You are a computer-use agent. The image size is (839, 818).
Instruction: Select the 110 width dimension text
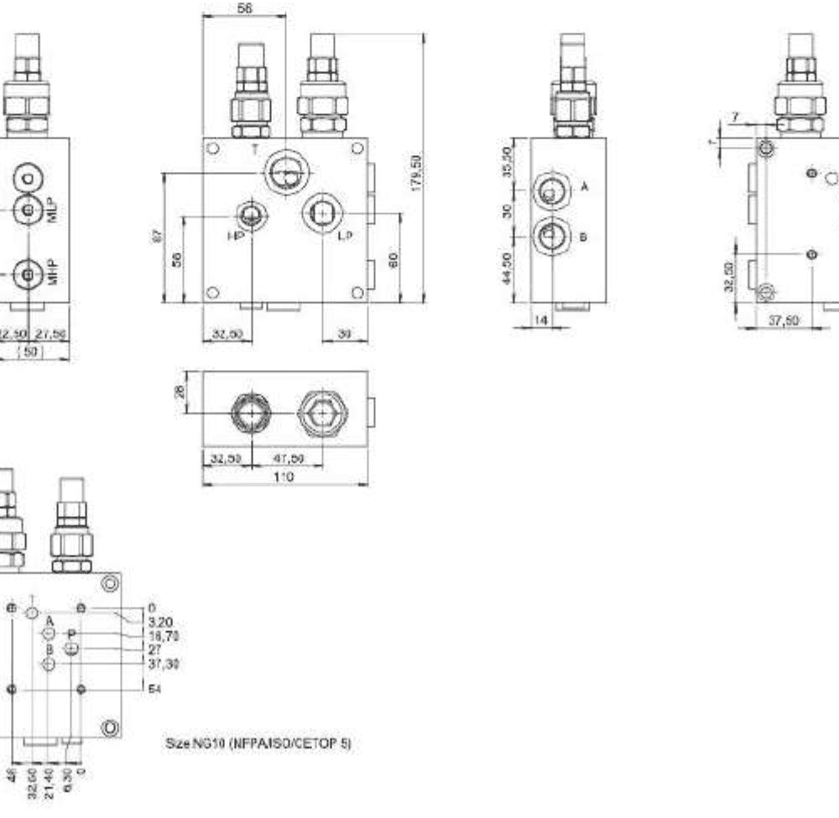284,477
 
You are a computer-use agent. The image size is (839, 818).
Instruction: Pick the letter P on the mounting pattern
72,633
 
